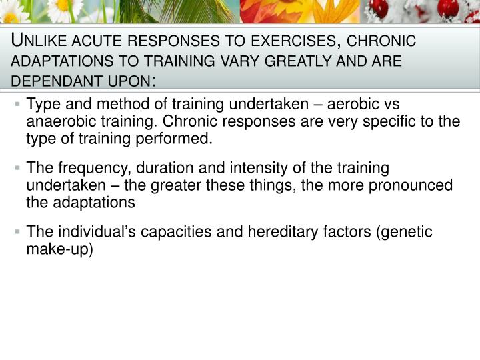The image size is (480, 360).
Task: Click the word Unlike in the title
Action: pos(41,41)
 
